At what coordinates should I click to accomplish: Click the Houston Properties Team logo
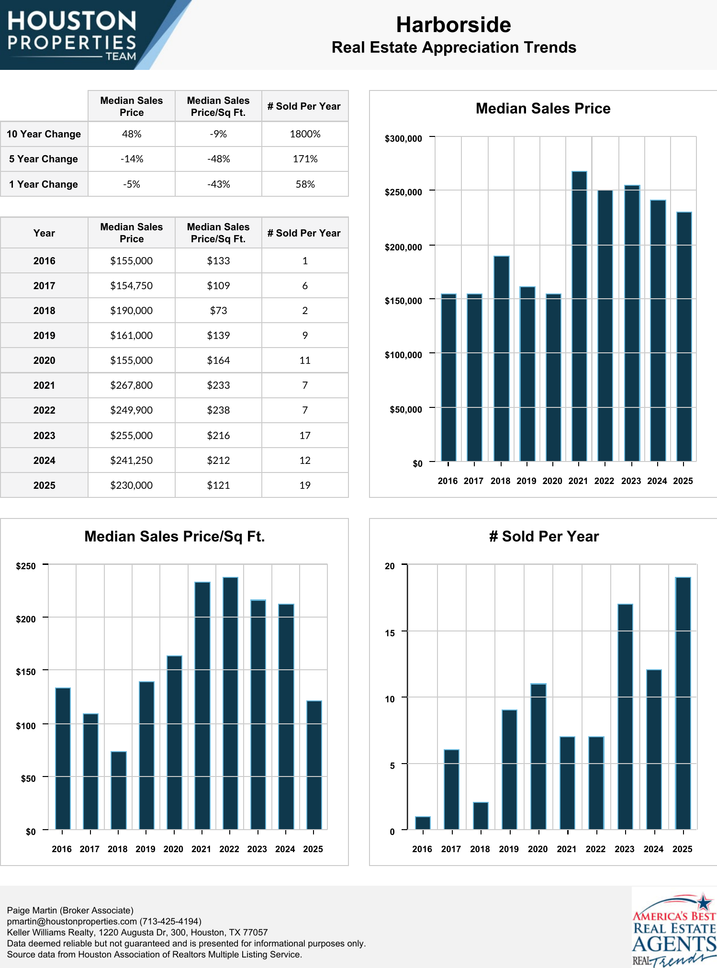point(72,35)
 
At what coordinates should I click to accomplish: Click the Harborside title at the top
point(453,25)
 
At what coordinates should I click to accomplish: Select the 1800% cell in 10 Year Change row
point(305,134)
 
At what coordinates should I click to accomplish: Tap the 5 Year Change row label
point(44,159)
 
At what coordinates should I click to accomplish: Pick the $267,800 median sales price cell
point(131,385)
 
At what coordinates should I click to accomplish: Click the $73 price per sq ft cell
point(218,311)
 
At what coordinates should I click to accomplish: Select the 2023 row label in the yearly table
point(44,436)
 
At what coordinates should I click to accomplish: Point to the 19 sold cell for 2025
point(305,485)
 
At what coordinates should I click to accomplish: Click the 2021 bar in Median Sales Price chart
point(579,316)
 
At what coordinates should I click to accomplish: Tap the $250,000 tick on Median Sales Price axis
point(403,192)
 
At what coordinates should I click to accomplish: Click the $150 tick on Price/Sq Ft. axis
point(26,672)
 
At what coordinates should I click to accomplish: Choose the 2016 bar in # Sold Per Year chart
point(423,823)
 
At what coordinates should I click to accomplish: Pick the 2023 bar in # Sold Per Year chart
point(625,716)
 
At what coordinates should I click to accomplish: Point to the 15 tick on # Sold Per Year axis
point(390,633)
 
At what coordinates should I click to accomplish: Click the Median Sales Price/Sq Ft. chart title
point(174,537)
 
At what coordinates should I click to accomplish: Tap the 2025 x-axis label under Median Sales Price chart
point(683,481)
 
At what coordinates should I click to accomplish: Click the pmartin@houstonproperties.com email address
point(71,922)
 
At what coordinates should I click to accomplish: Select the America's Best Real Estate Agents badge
point(674,929)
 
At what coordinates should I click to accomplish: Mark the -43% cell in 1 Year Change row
point(218,184)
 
